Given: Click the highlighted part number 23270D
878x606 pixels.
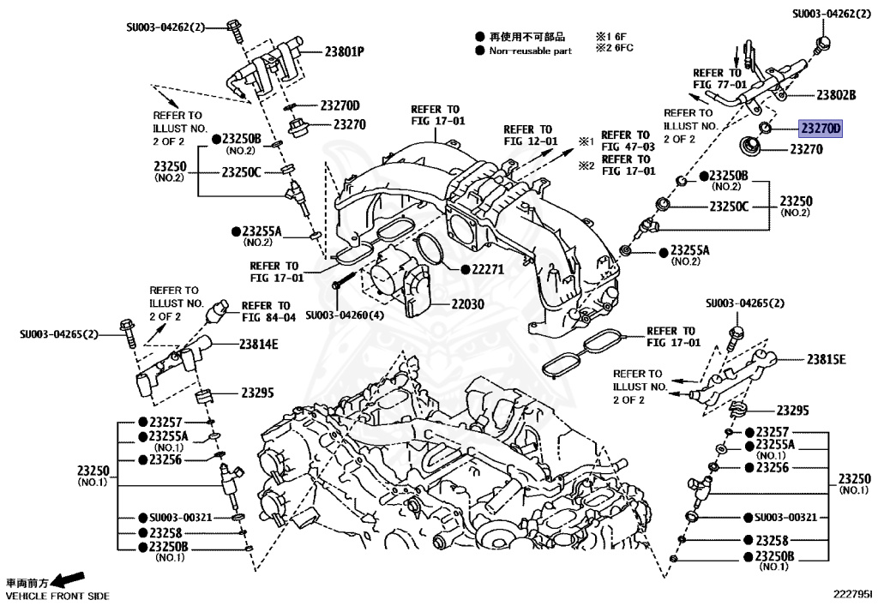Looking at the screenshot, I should (x=821, y=129).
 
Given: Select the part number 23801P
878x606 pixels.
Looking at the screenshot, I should (x=344, y=51).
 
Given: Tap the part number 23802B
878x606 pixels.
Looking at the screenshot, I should (x=836, y=95).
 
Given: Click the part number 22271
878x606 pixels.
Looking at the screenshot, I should (x=486, y=269).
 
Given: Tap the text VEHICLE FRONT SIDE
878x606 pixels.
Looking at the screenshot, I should (x=57, y=595).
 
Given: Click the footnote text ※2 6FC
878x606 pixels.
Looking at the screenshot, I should (x=615, y=49).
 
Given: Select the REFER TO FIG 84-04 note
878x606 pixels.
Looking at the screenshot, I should (x=268, y=311).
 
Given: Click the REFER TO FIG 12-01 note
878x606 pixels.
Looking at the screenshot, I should (x=531, y=135).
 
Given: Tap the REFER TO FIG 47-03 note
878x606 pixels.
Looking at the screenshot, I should (x=627, y=141).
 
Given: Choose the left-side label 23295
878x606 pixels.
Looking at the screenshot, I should (x=257, y=393).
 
